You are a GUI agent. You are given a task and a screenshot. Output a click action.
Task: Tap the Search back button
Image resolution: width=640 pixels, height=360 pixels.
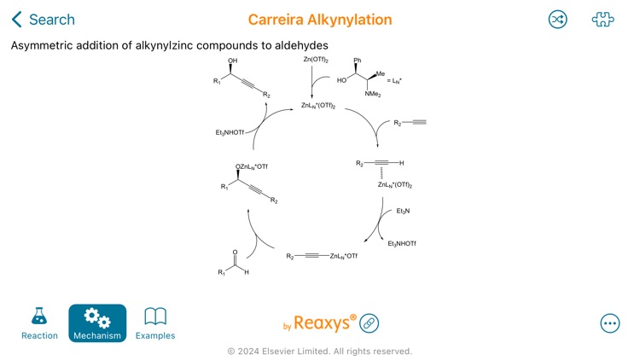[x=43, y=20]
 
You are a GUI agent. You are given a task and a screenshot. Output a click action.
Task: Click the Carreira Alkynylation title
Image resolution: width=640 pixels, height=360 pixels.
[x=320, y=20]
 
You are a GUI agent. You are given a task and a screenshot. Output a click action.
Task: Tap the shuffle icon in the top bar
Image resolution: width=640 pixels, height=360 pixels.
[x=557, y=20]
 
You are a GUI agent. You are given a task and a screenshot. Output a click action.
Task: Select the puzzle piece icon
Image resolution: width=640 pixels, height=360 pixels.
[x=603, y=20]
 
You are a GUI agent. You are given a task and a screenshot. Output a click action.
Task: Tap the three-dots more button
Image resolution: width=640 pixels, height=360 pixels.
[x=610, y=323]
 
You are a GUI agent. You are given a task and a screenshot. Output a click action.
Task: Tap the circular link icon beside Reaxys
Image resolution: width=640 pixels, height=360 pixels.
[x=369, y=323]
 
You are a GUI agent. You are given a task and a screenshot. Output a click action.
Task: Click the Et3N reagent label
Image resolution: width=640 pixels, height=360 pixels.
[x=403, y=211]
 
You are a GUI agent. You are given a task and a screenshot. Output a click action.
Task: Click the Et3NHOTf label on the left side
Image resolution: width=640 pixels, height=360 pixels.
[x=230, y=132]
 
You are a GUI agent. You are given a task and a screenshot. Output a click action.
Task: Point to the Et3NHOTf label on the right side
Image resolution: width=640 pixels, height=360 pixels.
[x=402, y=244]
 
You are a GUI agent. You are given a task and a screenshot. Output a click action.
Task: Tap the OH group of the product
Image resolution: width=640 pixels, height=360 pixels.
[x=232, y=61]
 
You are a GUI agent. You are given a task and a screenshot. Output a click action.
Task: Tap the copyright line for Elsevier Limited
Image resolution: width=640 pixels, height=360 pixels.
[x=319, y=351]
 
